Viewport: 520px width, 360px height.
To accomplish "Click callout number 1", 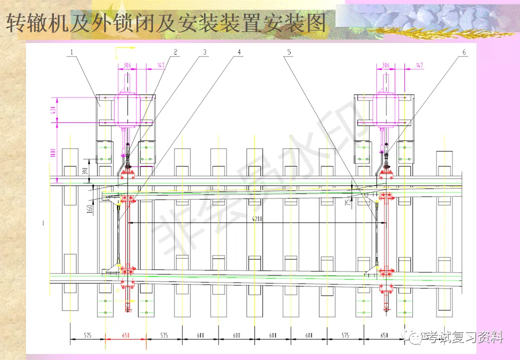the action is tap(72, 52).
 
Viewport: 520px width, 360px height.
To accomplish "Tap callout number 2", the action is tap(175, 52).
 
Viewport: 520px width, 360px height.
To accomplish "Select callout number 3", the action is tap(204, 52).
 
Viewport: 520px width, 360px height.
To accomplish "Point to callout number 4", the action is tap(239, 52).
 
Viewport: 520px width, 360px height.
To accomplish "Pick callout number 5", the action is tap(288, 52).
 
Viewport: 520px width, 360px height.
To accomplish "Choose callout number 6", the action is tap(464, 52).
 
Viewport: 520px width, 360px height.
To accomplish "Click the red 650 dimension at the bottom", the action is tap(125, 335).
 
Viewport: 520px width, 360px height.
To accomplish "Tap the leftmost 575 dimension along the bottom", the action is tap(87, 335).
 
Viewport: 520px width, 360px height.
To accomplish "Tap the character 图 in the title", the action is tap(314, 23).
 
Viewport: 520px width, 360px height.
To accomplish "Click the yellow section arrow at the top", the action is tap(125, 48).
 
